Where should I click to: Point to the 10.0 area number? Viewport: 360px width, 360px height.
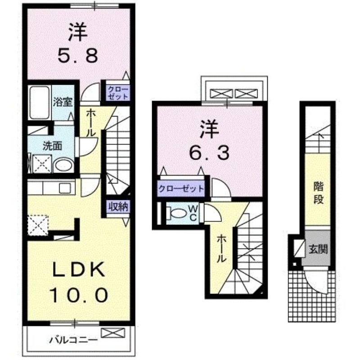coord(79,296)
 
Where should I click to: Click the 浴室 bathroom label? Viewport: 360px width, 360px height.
coord(62,101)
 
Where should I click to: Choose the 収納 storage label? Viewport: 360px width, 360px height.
coord(118,207)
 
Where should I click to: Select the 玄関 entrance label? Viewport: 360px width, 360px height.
coord(318,248)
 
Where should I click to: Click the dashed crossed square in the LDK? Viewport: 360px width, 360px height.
coord(37,225)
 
